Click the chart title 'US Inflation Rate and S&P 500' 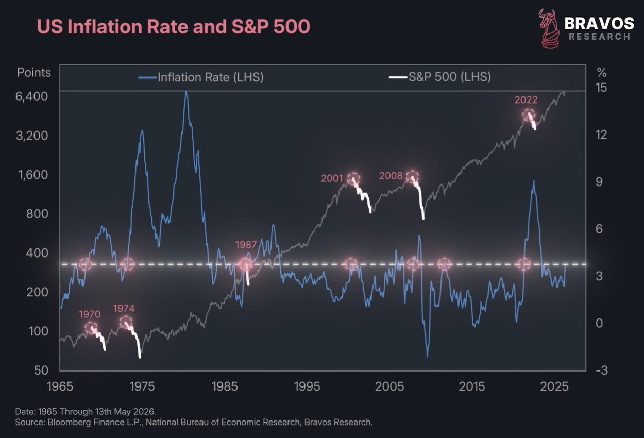click(x=173, y=26)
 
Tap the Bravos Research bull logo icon click(x=549, y=29)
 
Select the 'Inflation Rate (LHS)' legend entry click(x=201, y=77)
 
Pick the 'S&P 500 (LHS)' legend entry click(x=440, y=77)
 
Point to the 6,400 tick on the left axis click(x=31, y=96)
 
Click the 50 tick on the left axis click(x=41, y=370)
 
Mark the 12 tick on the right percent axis click(x=601, y=134)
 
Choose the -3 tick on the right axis click(x=602, y=370)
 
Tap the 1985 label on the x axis click(x=225, y=386)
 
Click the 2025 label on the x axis click(x=554, y=386)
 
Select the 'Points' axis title click(x=34, y=73)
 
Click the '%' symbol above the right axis click(x=602, y=73)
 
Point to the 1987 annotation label click(x=246, y=245)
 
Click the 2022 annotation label click(x=526, y=100)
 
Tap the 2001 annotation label click(x=332, y=178)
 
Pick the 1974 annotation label click(x=124, y=309)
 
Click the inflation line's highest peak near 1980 click(x=186, y=92)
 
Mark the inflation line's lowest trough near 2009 click(x=428, y=356)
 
